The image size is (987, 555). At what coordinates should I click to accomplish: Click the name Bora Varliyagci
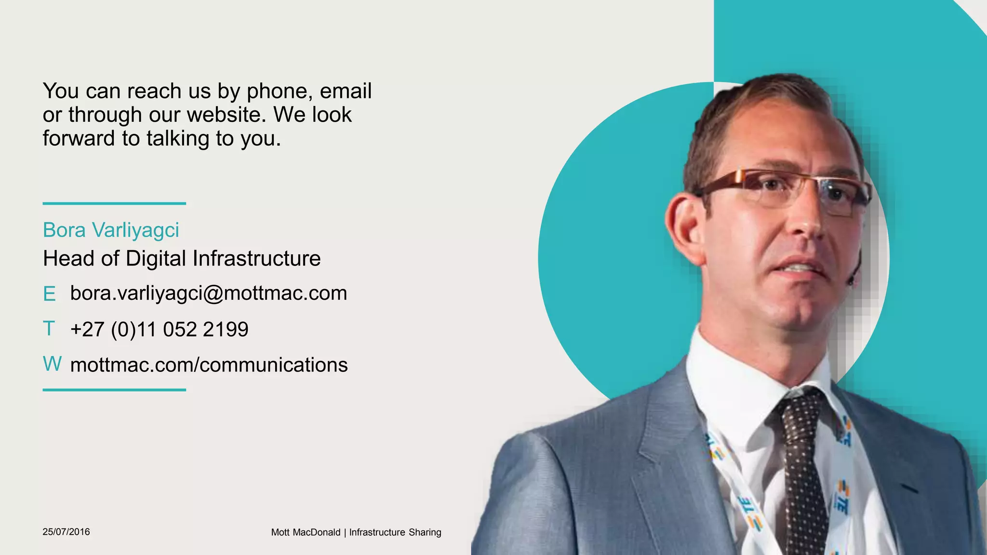coord(111,230)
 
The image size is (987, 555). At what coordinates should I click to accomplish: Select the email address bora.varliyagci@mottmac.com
coord(208,293)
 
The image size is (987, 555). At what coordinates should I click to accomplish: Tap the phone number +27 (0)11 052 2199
coord(159,330)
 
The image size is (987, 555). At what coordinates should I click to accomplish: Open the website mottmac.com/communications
coord(209,365)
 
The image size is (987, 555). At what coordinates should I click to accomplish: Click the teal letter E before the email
coord(49,294)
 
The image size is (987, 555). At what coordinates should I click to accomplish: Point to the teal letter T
coord(49,329)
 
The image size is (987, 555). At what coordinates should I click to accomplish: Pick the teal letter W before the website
coord(52,364)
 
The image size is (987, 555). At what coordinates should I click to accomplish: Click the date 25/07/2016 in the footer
coord(66,532)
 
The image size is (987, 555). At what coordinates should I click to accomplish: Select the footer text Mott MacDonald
coord(306,532)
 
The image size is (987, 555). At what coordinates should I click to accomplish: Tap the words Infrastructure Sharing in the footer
coord(395,532)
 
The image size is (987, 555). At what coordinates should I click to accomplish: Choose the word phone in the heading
coord(277,91)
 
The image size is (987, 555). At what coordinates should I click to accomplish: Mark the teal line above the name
coord(114,203)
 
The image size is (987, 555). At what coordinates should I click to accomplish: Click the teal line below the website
coord(114,390)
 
